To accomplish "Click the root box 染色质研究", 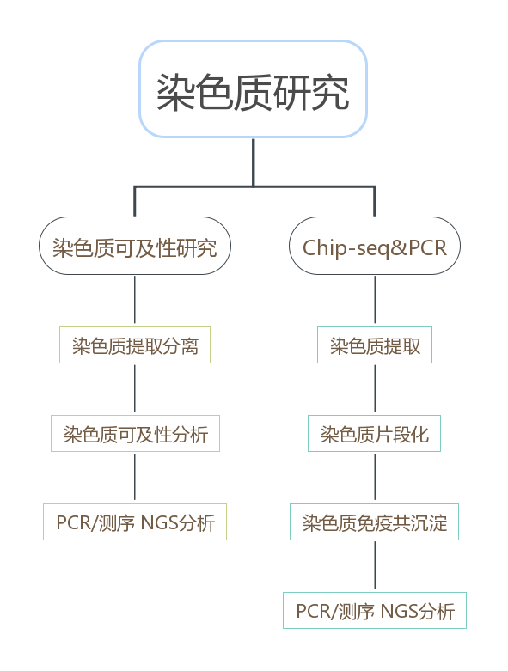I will click(253, 89).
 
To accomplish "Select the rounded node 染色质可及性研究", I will click(135, 247).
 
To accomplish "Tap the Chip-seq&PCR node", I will click(374, 247).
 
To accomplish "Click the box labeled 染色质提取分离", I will click(135, 345).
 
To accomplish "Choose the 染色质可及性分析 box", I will click(135, 434).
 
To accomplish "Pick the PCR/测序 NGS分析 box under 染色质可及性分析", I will click(135, 522).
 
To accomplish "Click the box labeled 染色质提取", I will click(375, 345).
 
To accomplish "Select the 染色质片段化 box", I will click(374, 434).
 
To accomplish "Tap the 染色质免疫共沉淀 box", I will click(374, 522).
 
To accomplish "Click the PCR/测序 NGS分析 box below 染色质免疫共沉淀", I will click(375, 610).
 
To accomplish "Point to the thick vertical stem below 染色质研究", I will click(253, 162).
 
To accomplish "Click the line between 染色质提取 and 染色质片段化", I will click(375, 389).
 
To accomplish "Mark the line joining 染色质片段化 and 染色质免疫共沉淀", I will click(375, 478).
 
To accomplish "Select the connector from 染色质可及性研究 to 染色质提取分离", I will click(135, 301).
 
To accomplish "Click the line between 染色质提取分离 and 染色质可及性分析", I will click(135, 389).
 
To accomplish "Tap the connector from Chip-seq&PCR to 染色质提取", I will click(375, 301).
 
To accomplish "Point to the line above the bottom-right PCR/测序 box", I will click(375, 566).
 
